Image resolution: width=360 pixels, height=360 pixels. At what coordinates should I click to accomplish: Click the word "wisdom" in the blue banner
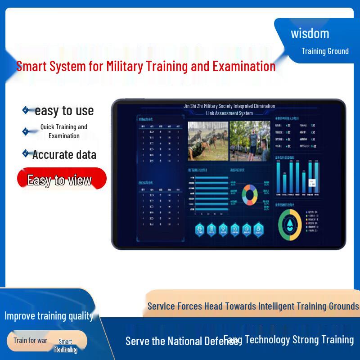pyautogui.click(x=310, y=34)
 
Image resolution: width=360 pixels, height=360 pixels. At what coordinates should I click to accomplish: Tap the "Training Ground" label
pyautogui.click(x=325, y=51)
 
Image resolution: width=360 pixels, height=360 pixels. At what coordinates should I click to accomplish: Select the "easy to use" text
pyautogui.click(x=64, y=111)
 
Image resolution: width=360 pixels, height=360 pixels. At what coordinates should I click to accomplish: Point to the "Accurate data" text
pyautogui.click(x=64, y=155)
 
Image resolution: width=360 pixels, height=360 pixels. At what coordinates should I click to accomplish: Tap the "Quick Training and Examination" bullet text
pyautogui.click(x=64, y=131)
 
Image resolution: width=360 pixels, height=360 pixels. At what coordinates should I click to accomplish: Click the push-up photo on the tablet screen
pyautogui.click(x=208, y=140)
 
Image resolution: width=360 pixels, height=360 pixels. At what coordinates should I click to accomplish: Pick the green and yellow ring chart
pyautogui.click(x=289, y=223)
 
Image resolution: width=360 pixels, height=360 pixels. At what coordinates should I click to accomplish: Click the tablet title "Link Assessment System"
pyautogui.click(x=229, y=113)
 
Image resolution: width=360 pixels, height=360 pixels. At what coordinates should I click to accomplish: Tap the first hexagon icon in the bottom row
pyautogui.click(x=200, y=230)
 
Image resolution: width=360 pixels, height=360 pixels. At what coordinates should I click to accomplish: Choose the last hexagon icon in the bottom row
pyautogui.click(x=258, y=230)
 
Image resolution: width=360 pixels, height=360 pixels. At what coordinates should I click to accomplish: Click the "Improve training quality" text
pyautogui.click(x=49, y=316)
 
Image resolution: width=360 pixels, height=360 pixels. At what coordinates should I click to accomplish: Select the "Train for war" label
pyautogui.click(x=30, y=340)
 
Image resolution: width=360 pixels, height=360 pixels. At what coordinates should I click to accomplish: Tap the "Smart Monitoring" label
pyautogui.click(x=65, y=346)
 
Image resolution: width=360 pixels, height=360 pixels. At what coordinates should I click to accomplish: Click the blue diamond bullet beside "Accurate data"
pyautogui.click(x=26, y=153)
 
